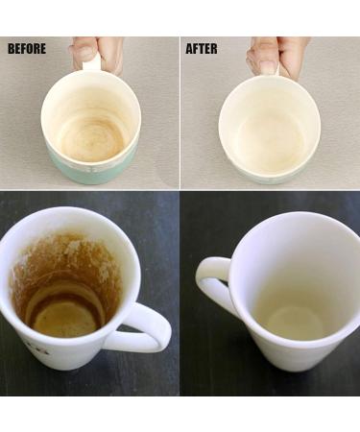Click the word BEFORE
[x=27, y=49]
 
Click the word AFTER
[x=202, y=49]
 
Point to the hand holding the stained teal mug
[x=95, y=55]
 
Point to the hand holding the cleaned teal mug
[x=276, y=56]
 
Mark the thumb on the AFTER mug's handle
[x=266, y=62]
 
